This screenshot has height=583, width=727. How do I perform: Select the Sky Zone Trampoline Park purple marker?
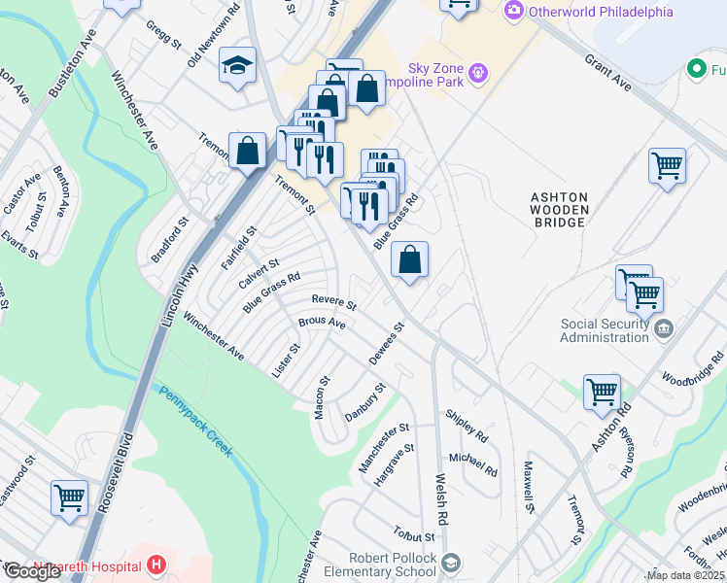point(477,72)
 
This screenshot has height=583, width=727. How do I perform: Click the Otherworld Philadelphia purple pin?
point(513,12)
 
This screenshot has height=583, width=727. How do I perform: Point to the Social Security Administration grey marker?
point(664,328)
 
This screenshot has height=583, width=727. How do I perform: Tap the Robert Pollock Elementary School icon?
point(451,562)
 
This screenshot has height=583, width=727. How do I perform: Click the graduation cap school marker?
point(237,66)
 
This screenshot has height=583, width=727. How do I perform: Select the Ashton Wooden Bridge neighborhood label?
point(558,209)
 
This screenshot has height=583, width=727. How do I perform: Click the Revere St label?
point(334,301)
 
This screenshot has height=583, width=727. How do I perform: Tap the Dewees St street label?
point(385,345)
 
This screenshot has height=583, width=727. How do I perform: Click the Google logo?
point(32,571)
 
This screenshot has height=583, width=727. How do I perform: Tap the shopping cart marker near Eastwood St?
point(69,497)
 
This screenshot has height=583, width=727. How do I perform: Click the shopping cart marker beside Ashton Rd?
point(602,393)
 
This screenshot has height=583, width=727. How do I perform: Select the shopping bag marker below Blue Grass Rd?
point(409,260)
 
